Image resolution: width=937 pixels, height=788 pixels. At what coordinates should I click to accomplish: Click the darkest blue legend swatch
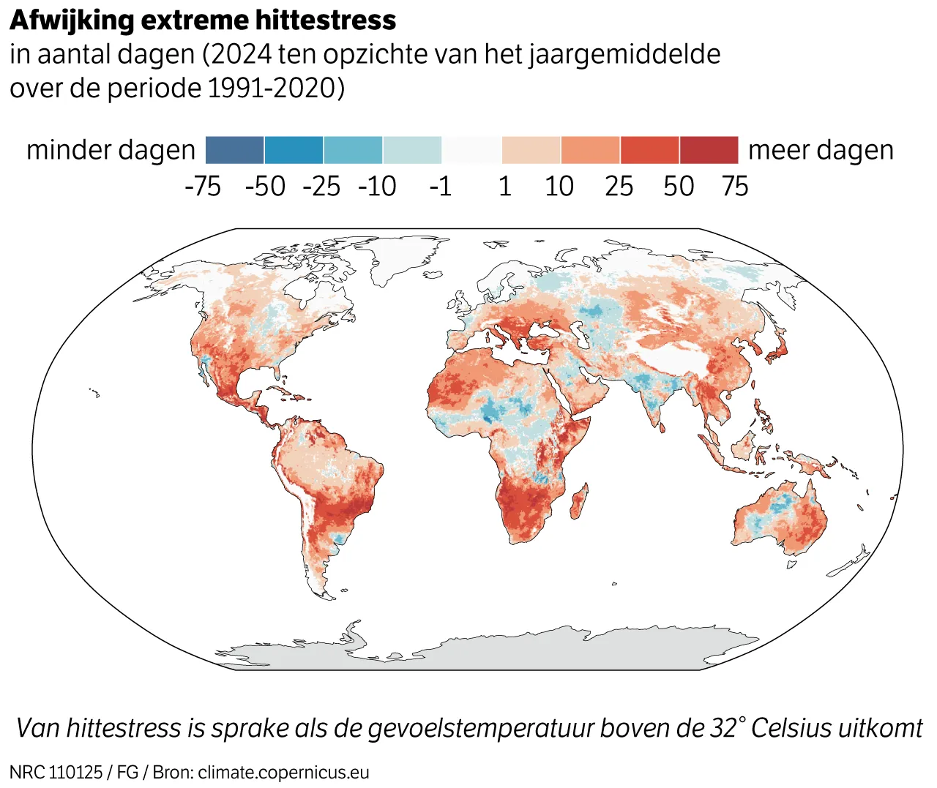click(234, 150)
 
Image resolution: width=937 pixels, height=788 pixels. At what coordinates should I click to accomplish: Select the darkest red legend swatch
click(709, 150)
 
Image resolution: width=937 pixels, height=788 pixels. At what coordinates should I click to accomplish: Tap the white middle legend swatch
click(471, 150)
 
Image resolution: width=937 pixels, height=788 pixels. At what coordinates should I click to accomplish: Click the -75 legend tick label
click(203, 187)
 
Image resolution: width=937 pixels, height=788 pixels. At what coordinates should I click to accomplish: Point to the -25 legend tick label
click(321, 187)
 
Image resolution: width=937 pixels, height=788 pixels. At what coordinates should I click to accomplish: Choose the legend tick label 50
click(679, 187)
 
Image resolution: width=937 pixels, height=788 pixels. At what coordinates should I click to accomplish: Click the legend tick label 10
click(559, 187)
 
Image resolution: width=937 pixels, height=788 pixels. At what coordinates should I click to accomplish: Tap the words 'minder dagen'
click(111, 150)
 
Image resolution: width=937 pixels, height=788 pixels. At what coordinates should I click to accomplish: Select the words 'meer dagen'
click(821, 150)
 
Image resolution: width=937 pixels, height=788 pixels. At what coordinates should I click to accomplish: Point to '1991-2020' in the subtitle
click(272, 88)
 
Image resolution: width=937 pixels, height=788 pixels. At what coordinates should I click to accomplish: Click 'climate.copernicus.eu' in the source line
click(283, 773)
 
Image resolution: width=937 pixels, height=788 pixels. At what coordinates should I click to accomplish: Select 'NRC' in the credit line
click(27, 773)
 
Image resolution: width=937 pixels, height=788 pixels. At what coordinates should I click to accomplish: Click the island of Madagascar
click(578, 502)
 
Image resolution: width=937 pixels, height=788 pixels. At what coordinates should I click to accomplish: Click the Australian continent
click(780, 519)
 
